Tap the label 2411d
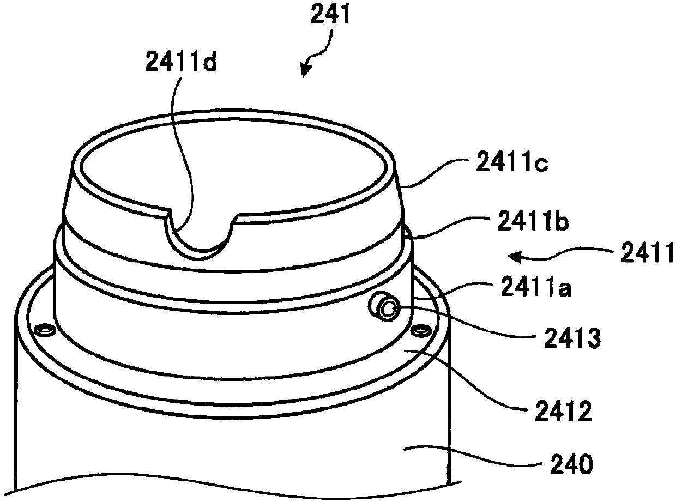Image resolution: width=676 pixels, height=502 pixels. (x=181, y=61)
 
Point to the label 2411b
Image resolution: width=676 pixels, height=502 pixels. (x=533, y=220)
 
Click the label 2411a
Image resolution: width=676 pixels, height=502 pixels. (x=536, y=286)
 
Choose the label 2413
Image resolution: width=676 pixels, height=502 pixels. (x=572, y=338)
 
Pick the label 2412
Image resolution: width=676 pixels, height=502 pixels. (x=564, y=410)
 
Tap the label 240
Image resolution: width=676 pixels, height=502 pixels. (x=572, y=464)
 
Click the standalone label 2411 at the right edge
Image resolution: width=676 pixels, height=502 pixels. (x=647, y=253)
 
